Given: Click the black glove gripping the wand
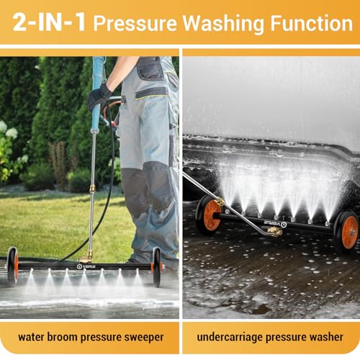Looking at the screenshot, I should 99,96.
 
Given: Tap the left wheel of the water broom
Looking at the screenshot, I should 12,266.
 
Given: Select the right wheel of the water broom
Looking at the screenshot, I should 157,266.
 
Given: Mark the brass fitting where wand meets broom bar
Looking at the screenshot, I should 87,255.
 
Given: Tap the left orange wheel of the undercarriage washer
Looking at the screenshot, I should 210,215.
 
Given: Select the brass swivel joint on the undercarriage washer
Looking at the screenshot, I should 274,232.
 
